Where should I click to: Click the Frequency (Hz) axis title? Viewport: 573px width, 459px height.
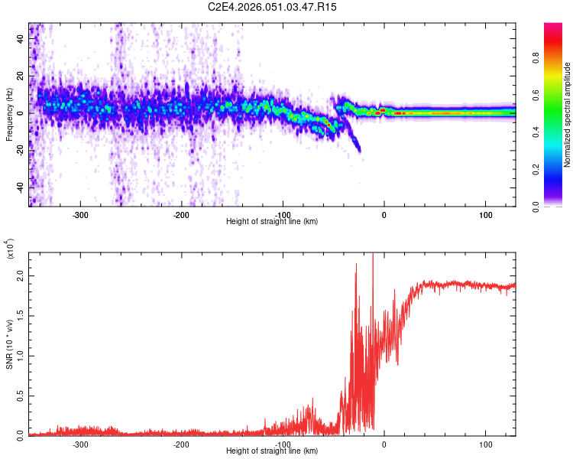coord(8,114)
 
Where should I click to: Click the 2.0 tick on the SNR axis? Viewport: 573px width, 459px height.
coord(19,277)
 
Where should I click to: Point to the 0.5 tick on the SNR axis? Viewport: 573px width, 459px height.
coord(19,395)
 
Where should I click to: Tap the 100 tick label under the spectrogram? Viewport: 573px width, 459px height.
coord(485,215)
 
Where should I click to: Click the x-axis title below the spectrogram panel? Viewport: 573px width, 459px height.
coord(273,222)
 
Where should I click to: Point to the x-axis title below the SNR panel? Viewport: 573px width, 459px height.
coord(273,451)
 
